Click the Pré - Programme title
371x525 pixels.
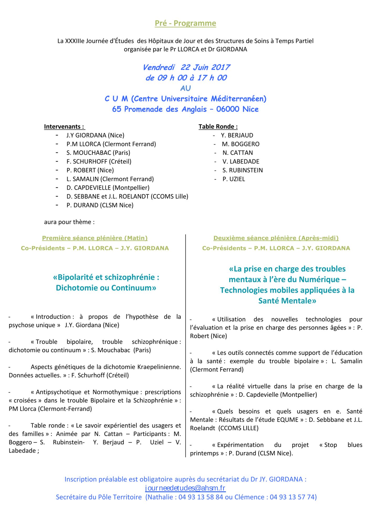click(185, 23)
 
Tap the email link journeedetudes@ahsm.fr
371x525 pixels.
click(185, 488)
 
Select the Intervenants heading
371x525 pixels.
click(64, 127)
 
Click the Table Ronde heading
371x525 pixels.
click(218, 127)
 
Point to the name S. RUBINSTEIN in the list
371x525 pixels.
click(242, 170)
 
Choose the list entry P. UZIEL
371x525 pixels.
click(233, 179)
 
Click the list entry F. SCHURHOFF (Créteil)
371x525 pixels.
click(99, 161)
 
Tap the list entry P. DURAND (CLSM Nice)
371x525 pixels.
click(100, 205)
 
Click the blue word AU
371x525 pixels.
click(185, 88)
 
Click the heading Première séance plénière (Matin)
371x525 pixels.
click(95, 238)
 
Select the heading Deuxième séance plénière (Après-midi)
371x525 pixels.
click(276, 238)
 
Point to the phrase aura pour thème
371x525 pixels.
click(69, 222)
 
